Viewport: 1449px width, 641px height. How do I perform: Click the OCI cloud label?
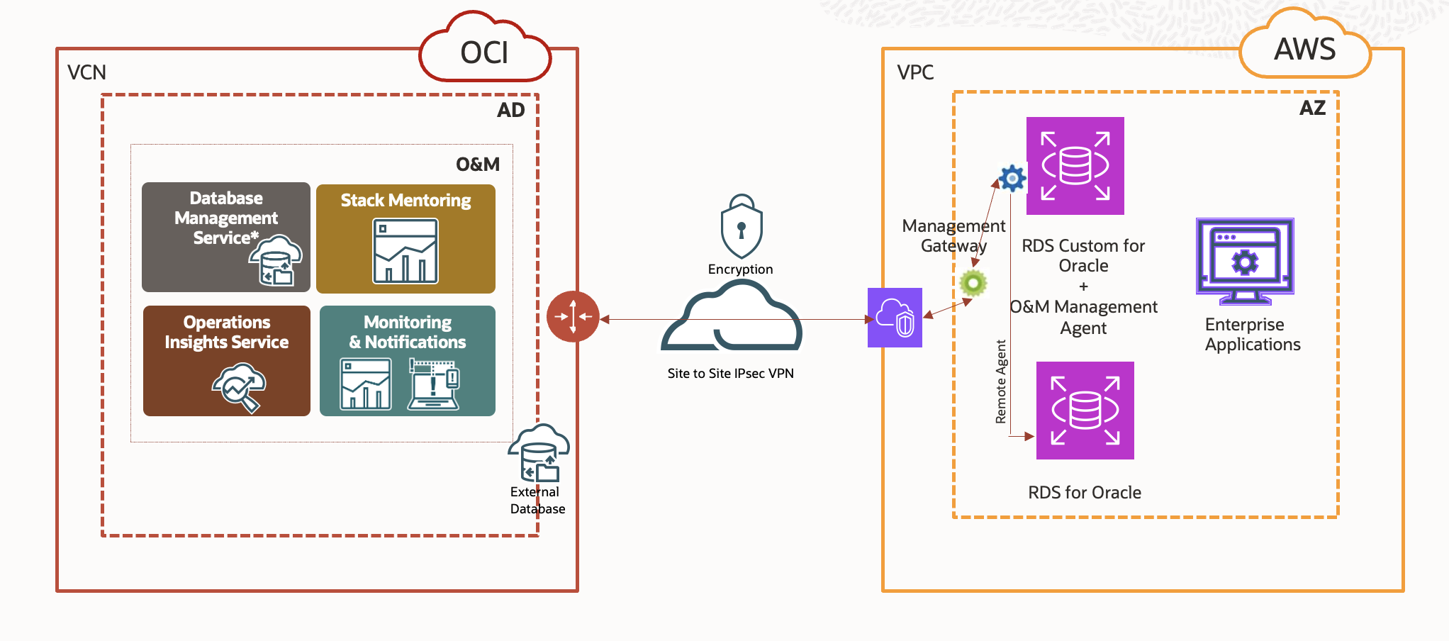coord(485,52)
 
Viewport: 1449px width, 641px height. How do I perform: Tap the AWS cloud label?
coord(1304,49)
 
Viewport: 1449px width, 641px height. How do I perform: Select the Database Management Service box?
coord(226,237)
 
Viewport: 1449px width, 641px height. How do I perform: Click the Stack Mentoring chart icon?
coord(405,250)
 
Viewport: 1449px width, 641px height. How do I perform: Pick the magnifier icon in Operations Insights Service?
coord(239,387)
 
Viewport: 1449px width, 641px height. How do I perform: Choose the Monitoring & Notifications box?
coord(408,360)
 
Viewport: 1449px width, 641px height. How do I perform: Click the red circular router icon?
coord(573,317)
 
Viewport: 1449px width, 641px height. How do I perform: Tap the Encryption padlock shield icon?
coord(742,227)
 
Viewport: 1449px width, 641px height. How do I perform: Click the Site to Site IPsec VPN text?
coord(730,374)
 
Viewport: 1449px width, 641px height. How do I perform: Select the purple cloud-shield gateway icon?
coord(895,318)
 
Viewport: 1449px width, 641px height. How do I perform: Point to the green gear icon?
coord(973,283)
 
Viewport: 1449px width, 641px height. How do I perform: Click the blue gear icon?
coord(1012,178)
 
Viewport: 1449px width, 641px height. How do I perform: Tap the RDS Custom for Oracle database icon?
coord(1075,166)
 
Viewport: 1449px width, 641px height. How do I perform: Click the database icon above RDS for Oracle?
coord(1085,411)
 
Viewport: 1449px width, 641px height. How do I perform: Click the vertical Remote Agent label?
coord(1001,381)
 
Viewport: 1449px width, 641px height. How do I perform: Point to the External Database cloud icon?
coord(539,454)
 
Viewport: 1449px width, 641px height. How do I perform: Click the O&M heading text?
coord(477,165)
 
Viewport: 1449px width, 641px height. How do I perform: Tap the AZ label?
coord(1312,108)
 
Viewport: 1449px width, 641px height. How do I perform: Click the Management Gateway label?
coord(953,235)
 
